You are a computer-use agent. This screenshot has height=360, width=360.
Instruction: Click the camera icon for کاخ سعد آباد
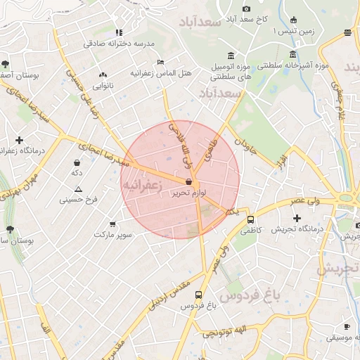click(246, 8)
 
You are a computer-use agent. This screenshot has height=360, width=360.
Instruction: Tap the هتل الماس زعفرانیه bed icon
click(161, 63)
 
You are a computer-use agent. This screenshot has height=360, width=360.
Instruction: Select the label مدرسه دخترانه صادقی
click(119, 43)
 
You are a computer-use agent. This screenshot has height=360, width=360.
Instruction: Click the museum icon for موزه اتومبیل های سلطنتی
click(231, 56)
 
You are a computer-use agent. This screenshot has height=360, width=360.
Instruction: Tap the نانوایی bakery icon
click(103, 75)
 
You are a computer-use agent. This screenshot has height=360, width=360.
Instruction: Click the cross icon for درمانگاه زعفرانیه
click(19, 140)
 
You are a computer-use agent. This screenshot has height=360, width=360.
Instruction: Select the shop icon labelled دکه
click(77, 162)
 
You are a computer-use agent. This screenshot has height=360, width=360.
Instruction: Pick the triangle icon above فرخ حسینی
click(78, 189)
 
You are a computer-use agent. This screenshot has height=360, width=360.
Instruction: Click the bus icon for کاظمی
click(250, 219)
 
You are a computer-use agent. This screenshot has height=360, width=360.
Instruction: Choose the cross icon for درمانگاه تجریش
click(297, 219)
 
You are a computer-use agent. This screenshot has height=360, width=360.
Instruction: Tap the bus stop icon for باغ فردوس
click(199, 295)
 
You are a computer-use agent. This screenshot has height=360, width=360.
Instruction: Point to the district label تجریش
click(337, 268)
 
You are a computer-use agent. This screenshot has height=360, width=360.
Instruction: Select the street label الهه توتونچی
click(224, 332)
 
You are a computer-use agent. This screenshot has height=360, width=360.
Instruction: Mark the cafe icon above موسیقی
click(347, 326)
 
